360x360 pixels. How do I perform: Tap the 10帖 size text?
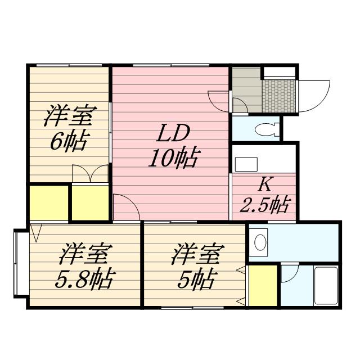coord(172,159)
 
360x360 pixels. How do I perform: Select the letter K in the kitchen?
coord(265,184)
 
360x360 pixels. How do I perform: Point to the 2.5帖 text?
coord(264,205)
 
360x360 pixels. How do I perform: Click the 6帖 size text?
coord(67,142)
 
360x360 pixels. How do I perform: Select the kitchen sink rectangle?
coord(246,164)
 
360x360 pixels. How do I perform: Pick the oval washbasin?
coord(260,243)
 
